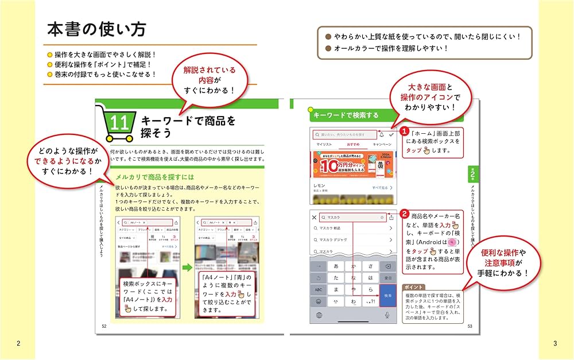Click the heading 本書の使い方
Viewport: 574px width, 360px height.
[96, 30]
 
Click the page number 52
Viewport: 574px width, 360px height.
[104, 326]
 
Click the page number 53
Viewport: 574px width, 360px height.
[469, 326]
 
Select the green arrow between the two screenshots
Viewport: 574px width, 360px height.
[187, 268]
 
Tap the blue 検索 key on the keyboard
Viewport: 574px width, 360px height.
[387, 295]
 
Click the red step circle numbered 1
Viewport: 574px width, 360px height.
[404, 131]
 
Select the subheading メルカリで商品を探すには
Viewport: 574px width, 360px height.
[154, 177]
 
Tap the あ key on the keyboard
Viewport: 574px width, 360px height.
[336, 266]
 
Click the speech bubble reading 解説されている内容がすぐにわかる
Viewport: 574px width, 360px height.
[209, 80]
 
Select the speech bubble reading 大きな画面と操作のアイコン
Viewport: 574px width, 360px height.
[430, 96]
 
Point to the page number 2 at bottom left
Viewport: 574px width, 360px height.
[18, 343]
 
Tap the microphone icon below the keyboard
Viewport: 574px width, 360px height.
[387, 315]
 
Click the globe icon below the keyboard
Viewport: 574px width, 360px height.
[318, 315]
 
